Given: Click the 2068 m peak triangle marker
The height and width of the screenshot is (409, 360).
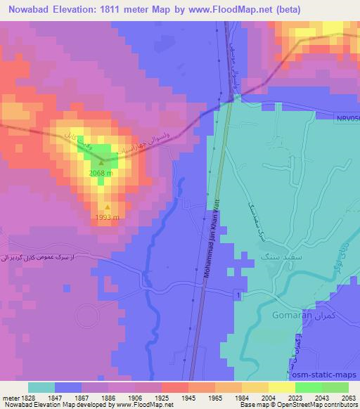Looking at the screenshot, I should [101, 163].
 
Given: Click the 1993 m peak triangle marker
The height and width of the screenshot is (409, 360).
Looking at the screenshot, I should [107, 207].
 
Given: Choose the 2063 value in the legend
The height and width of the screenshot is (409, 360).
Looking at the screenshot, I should [349, 398].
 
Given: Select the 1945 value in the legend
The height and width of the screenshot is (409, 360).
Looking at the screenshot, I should [188, 398].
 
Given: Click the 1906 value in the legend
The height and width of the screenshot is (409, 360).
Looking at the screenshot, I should [134, 398].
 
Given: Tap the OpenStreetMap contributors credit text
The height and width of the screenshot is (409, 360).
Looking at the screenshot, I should [323, 405].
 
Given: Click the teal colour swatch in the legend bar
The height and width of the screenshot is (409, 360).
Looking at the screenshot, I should [41, 387].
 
